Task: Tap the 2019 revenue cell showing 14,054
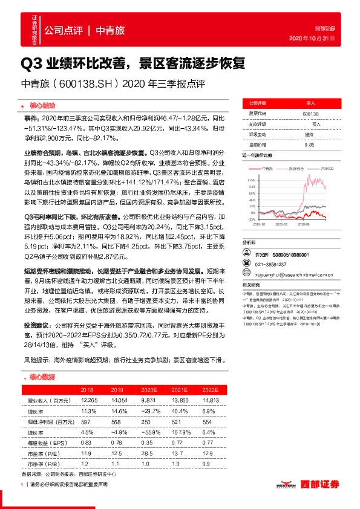(x=118, y=400)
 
